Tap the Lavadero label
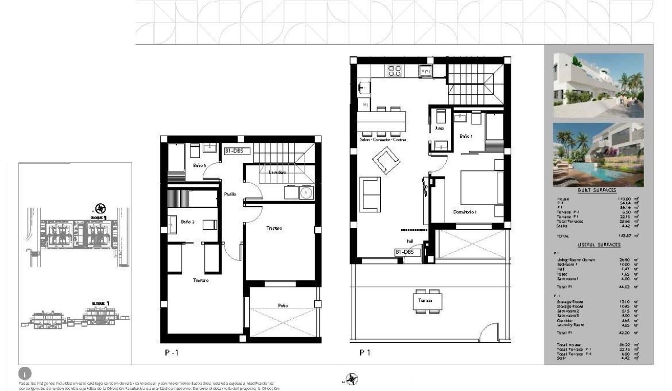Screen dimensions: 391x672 pos(278,173)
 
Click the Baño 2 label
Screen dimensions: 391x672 pos(188,222)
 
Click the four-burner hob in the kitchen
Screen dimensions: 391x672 pos(395,71)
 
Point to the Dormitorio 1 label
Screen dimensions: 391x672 pos(465,212)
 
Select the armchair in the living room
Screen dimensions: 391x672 pos(386,162)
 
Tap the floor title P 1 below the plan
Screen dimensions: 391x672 pos(365,353)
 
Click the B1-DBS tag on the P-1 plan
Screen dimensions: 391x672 pos(236,151)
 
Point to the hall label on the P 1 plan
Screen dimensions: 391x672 pos(410,241)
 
